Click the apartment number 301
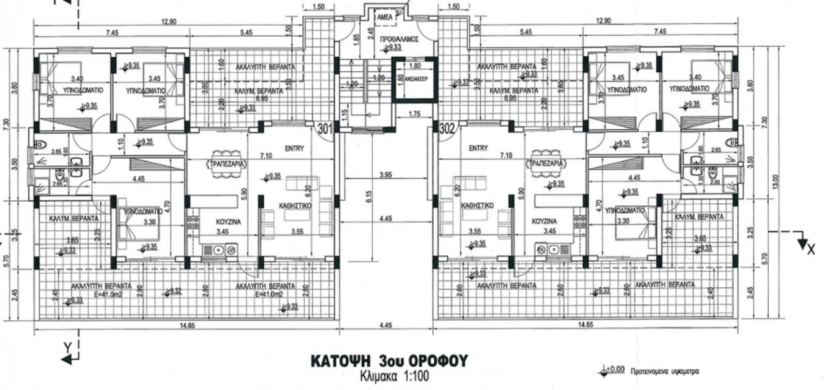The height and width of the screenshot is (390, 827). [324, 128]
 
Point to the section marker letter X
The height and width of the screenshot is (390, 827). [811, 250]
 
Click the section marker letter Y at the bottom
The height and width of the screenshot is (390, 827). [67, 347]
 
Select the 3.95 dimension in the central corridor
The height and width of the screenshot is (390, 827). [386, 175]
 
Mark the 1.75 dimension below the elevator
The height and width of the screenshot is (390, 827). [415, 115]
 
